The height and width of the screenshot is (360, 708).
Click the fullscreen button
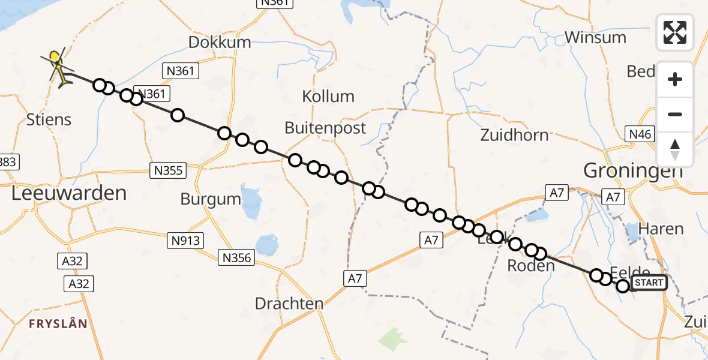click(x=675, y=32)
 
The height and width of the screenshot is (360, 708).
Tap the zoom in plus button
click(x=675, y=79)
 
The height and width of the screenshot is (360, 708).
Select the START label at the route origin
click(x=649, y=283)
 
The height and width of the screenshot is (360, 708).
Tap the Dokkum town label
click(x=219, y=43)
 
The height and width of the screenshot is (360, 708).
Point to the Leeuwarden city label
click(x=69, y=193)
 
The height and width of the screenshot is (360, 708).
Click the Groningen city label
click(x=633, y=171)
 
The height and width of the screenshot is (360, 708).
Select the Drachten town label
click(x=289, y=304)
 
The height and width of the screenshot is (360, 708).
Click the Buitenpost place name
click(x=325, y=128)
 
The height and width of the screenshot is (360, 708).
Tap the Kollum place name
click(x=328, y=97)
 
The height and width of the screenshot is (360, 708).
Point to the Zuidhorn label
click(x=514, y=135)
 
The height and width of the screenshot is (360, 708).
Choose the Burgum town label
click(x=211, y=199)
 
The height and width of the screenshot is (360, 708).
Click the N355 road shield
click(x=168, y=171)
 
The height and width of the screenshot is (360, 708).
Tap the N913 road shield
click(x=186, y=241)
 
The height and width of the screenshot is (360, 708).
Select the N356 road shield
click(x=237, y=258)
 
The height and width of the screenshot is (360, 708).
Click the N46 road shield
click(x=639, y=134)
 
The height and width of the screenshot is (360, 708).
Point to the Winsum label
click(x=595, y=38)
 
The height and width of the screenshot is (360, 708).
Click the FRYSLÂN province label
click(x=59, y=324)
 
